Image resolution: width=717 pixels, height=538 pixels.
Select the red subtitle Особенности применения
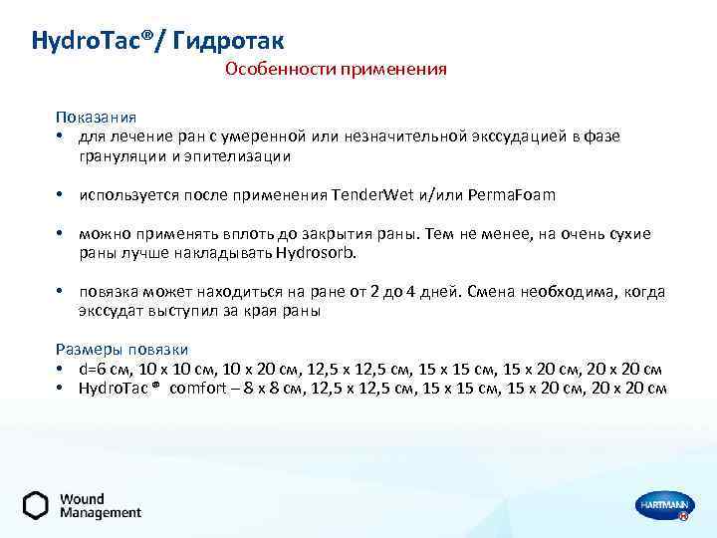tap(336, 70)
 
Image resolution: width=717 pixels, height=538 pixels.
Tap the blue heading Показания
tap(96, 118)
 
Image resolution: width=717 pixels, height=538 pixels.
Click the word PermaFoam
tap(507, 194)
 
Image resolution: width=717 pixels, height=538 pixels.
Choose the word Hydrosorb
tap(320, 253)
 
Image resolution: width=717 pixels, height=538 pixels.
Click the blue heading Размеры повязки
tap(121, 350)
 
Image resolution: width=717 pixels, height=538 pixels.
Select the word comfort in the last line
tap(200, 388)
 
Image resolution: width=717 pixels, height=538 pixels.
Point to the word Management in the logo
tap(101, 513)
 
